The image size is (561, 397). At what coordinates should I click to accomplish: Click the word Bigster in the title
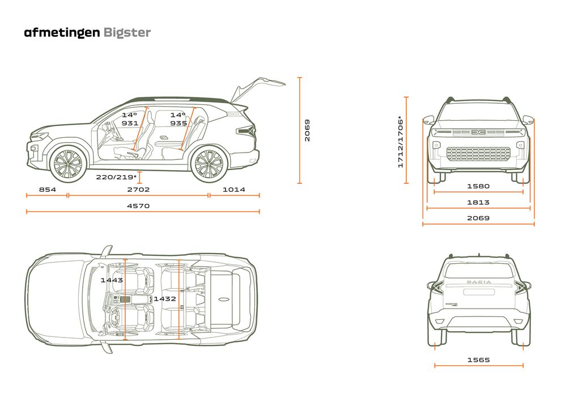[127, 32]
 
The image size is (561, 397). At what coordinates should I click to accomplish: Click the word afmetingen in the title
[62, 32]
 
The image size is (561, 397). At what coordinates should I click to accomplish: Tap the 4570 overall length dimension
[139, 206]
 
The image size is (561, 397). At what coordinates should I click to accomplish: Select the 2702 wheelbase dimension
[139, 189]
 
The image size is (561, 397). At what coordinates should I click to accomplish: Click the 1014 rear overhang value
[233, 189]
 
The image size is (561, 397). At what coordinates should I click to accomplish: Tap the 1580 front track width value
[478, 185]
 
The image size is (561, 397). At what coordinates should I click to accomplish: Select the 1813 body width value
[478, 202]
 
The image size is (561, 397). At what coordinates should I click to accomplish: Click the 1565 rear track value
[478, 360]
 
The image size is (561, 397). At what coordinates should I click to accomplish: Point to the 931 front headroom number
[130, 123]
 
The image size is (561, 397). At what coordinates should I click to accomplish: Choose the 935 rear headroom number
[178, 123]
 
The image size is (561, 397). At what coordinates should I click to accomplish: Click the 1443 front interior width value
[112, 280]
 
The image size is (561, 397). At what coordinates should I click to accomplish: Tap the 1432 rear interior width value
[164, 298]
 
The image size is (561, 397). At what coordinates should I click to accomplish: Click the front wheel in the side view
[67, 163]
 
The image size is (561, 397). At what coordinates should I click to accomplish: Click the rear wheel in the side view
[209, 163]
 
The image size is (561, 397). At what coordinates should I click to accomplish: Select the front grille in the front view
[478, 154]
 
